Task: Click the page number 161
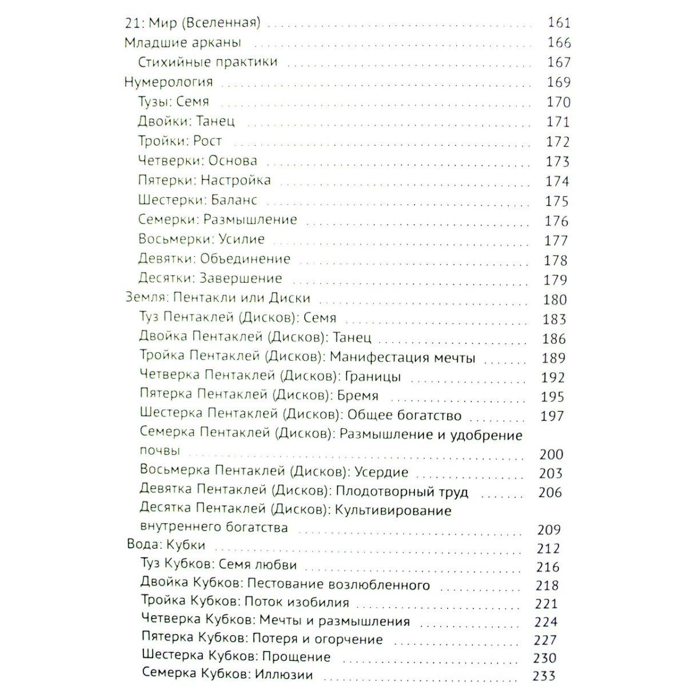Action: (559, 23)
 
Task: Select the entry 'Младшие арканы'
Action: (183, 42)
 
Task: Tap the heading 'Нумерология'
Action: (169, 82)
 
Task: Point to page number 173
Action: (557, 161)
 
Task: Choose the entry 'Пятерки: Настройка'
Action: (204, 181)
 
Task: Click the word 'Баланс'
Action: (234, 200)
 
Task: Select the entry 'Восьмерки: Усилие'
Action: (201, 239)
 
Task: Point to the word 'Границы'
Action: (374, 377)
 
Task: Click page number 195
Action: (552, 397)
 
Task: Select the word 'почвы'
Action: (160, 450)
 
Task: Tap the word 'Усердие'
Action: (381, 472)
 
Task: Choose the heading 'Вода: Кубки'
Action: (166, 544)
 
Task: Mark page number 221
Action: (546, 604)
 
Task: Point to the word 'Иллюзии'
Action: (284, 674)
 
